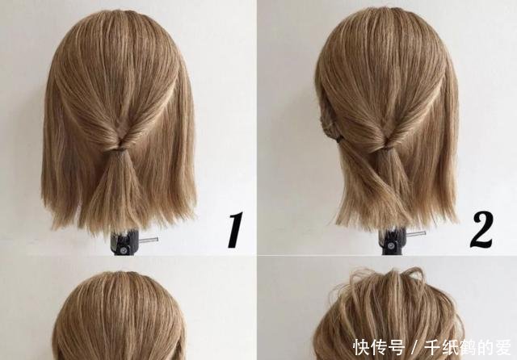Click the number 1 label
point(235,231)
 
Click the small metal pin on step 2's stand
point(415,234)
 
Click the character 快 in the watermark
point(362,347)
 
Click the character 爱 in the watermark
point(504,347)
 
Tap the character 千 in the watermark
point(433,347)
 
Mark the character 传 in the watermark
point(380,347)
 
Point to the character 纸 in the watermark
point(451,347)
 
